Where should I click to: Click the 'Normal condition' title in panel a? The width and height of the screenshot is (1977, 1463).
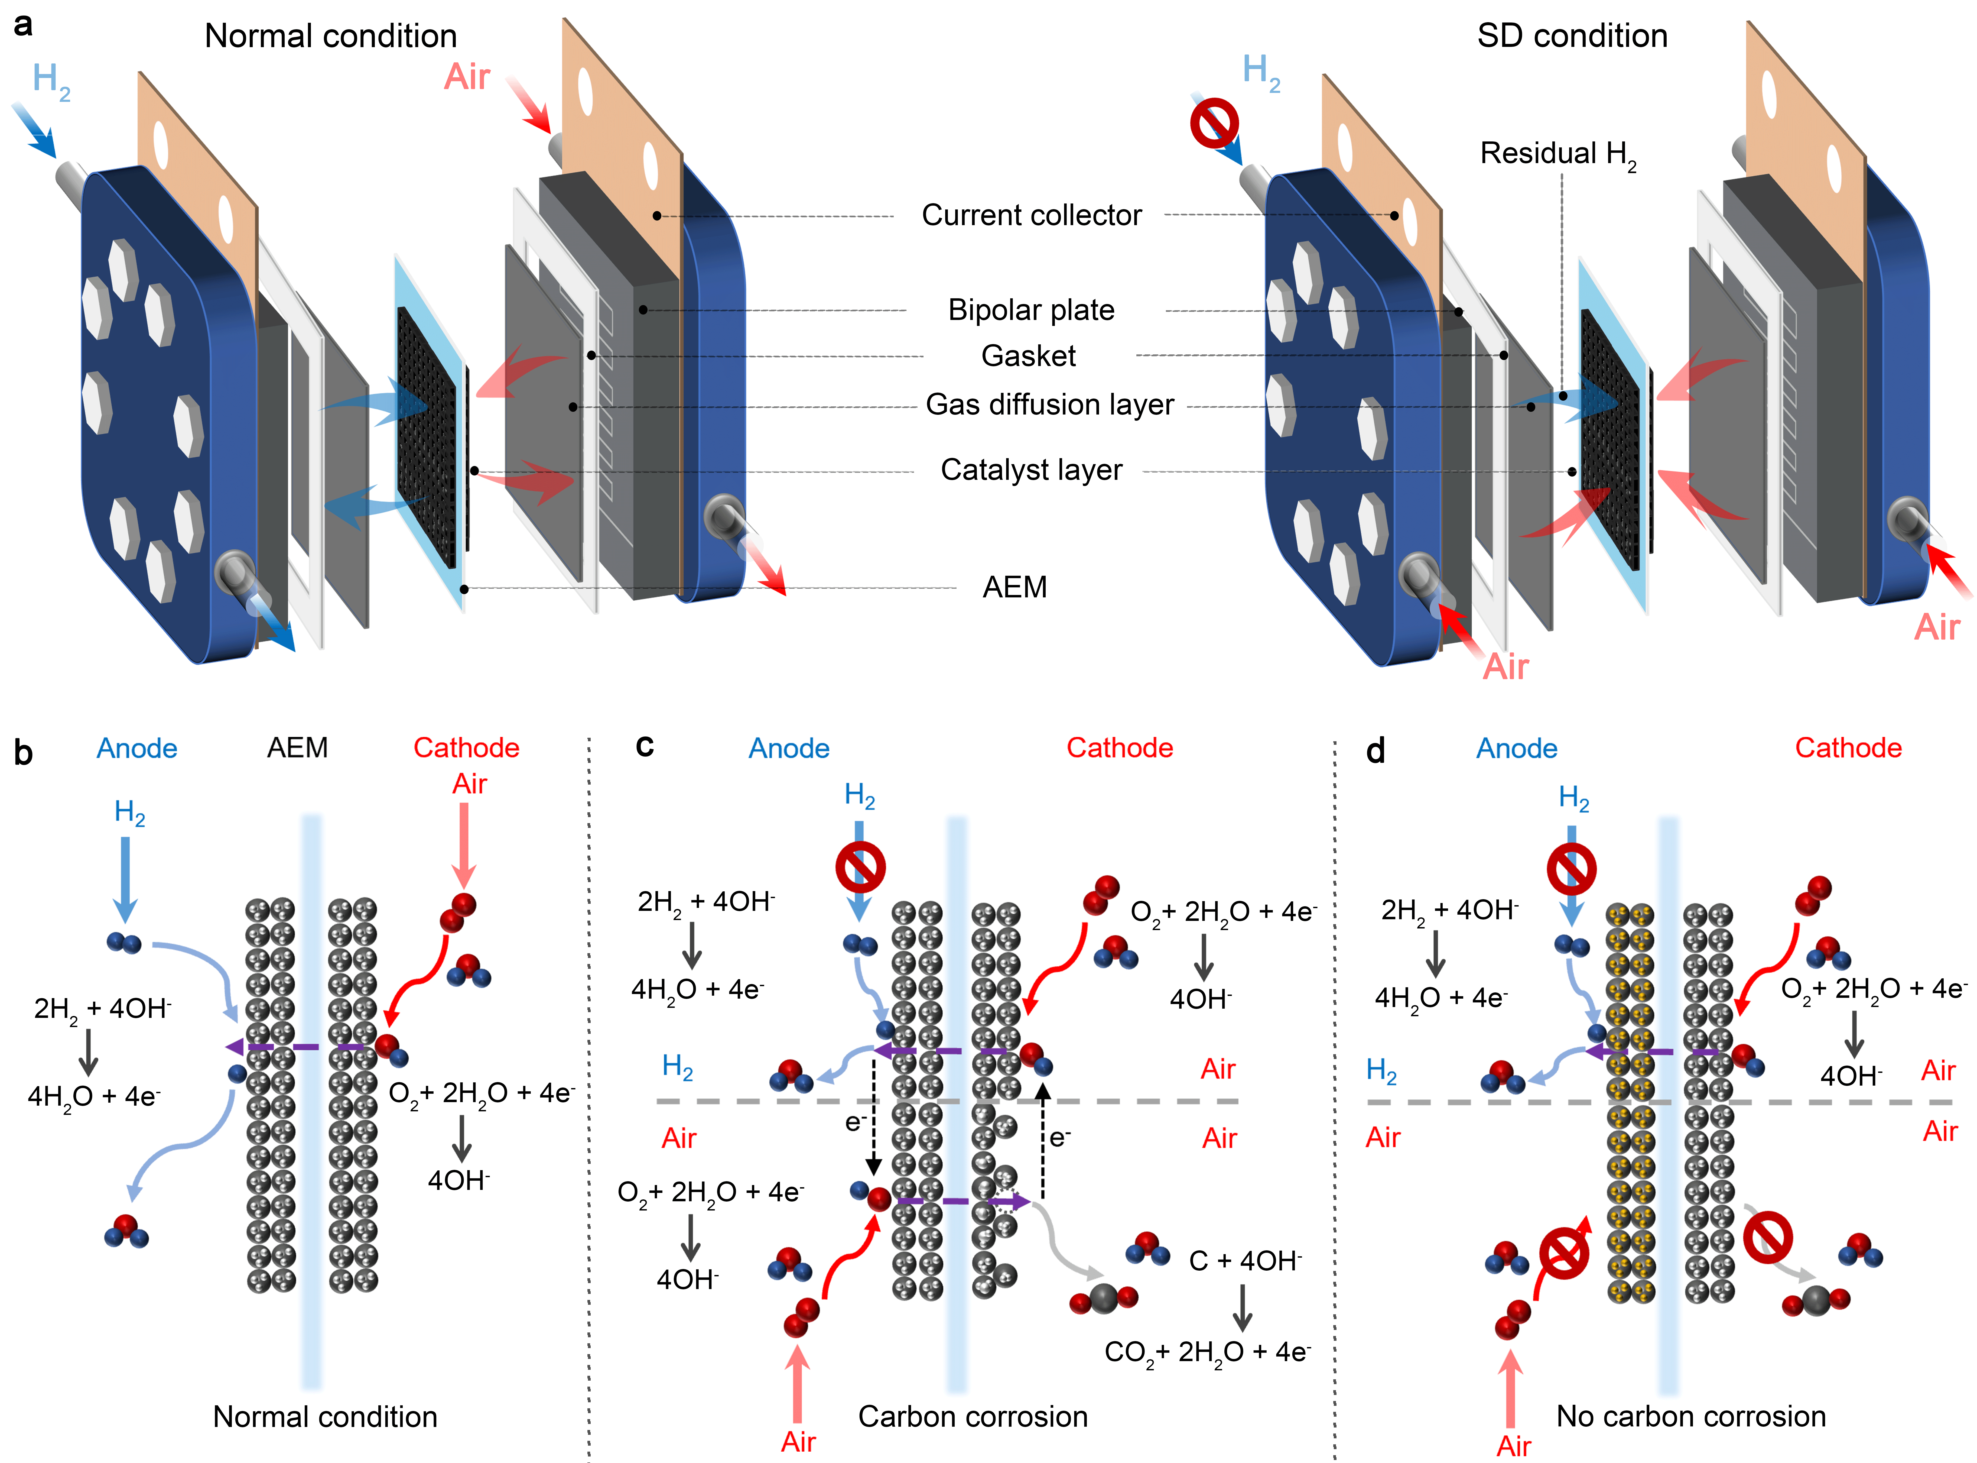pos(330,36)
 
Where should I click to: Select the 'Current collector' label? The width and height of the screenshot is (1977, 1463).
pos(1032,215)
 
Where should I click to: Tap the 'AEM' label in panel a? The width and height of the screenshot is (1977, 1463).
pos(1014,587)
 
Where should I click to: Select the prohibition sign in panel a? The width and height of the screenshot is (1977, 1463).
pos(1214,122)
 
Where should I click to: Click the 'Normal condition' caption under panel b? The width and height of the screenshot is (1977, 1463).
pos(325,1416)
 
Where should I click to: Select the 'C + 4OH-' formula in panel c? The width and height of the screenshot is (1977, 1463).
pos(1245,1260)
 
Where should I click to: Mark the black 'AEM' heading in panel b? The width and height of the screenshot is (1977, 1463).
pos(297,748)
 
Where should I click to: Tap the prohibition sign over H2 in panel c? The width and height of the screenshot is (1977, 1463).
pos(860,867)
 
